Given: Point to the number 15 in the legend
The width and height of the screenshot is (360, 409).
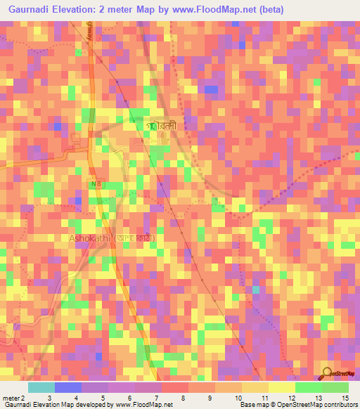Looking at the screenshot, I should point(345,398).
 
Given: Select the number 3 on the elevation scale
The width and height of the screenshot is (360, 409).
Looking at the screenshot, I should point(49,398).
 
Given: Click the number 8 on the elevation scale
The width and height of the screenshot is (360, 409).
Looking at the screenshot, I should point(183,398).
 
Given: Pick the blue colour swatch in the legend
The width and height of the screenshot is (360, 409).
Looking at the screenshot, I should point(68,387).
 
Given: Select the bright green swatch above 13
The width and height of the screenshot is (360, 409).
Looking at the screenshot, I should point(308,387).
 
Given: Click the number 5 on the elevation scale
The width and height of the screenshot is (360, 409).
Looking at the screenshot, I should point(102,398).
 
